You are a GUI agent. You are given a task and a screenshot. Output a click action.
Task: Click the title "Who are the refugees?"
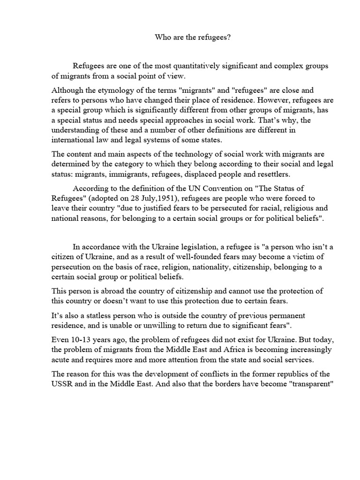click(x=193, y=37)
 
